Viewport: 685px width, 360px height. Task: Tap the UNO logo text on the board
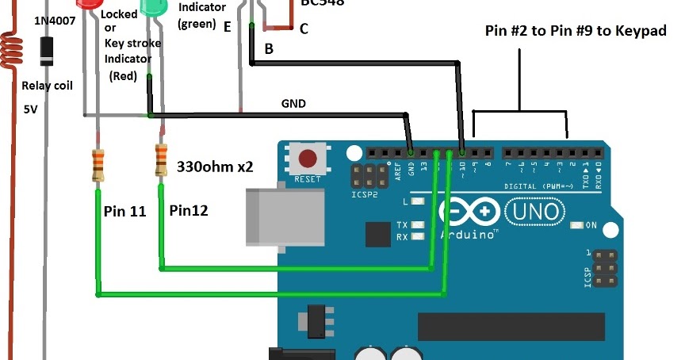coord(537,213)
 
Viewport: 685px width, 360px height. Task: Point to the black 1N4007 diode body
coord(49,52)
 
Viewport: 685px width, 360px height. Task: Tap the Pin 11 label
coord(126,212)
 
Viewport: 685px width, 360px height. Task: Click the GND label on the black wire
coord(293,103)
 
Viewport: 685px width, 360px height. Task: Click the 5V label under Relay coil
coord(31,110)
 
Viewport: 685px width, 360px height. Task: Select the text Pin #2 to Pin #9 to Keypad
coord(576,31)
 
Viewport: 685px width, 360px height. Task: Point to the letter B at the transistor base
coord(269,49)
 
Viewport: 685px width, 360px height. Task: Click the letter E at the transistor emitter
coord(228,27)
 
